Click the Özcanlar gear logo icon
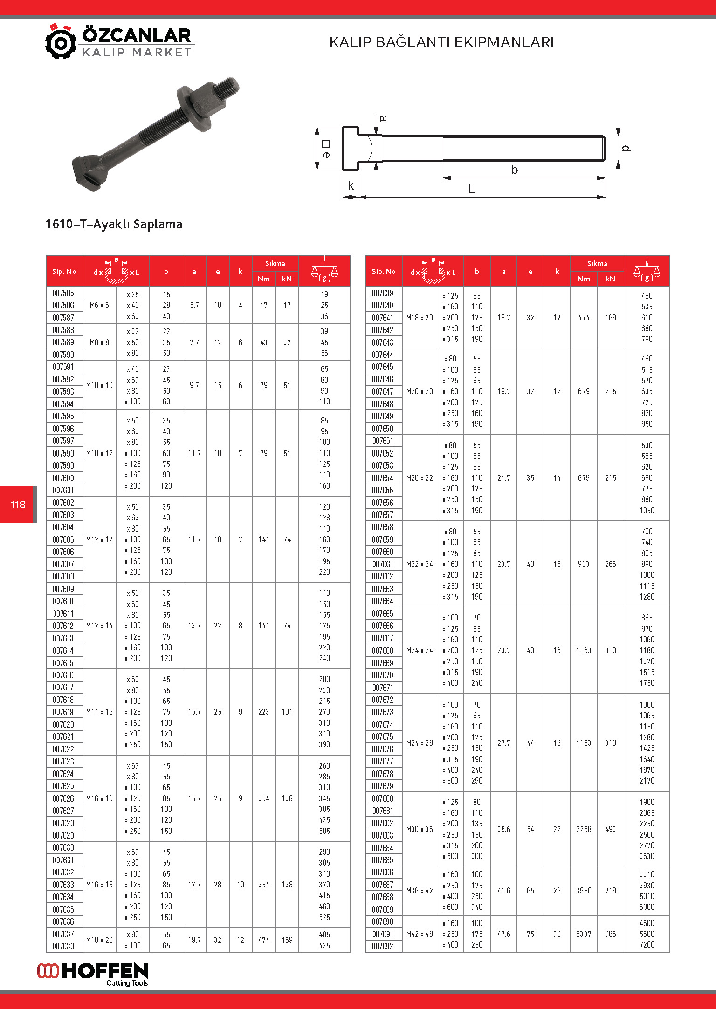(61, 42)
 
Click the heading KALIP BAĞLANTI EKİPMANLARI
(441, 42)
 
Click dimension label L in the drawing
(471, 190)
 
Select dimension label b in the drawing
(515, 170)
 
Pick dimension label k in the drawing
(351, 185)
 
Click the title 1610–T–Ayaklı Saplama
(114, 224)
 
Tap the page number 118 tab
(18, 504)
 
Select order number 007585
(63, 293)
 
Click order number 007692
(383, 946)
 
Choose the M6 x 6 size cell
(99, 306)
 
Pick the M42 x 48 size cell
(420, 934)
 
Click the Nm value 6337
(584, 934)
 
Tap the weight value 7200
(647, 945)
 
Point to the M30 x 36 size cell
(420, 829)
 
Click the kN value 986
(610, 934)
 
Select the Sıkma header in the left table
(275, 264)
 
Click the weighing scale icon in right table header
(647, 271)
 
